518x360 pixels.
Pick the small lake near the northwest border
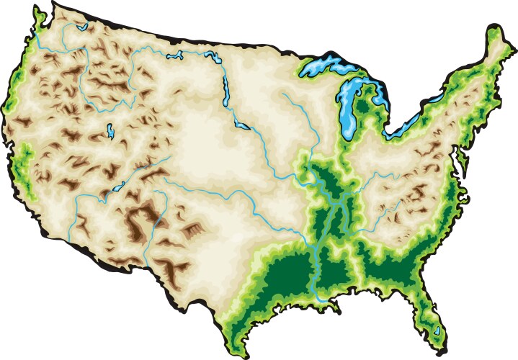pyautogui.click(x=80, y=29)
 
